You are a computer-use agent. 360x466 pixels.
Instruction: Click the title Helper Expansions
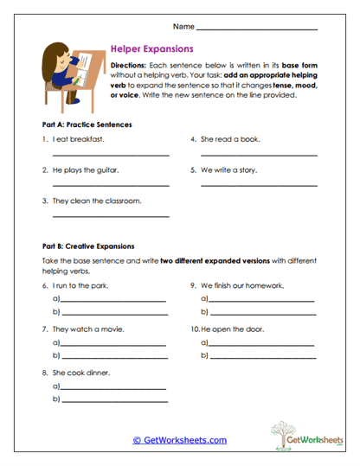[152, 49]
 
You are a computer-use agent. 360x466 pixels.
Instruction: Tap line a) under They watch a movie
[112, 344]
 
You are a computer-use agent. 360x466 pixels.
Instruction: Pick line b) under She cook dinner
[112, 400]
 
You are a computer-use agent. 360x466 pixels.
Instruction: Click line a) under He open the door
[262, 344]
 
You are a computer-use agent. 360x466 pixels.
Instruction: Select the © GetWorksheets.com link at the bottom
[179, 440]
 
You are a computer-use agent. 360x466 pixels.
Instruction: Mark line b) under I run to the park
[112, 312]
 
